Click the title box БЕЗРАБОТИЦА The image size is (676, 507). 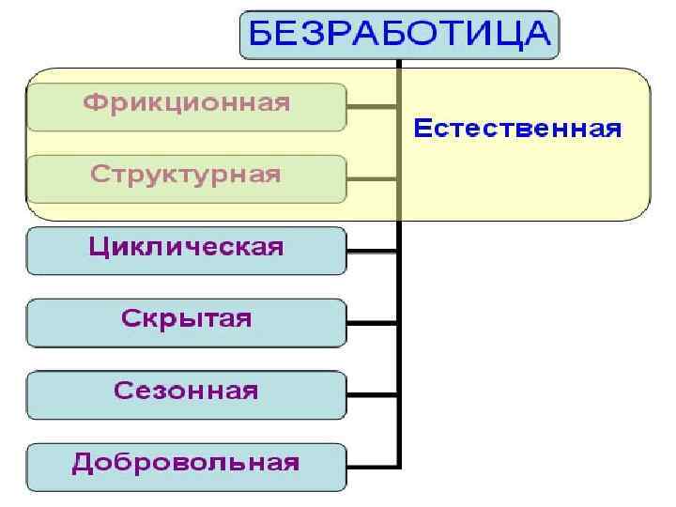[399, 35]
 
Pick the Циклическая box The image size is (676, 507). [187, 250]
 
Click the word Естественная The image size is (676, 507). [517, 129]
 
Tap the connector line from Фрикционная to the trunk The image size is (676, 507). [373, 106]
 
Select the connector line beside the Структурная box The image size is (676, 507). [373, 178]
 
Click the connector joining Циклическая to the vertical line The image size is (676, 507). [373, 251]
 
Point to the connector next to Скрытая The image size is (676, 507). [373, 323]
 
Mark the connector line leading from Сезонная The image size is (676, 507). [373, 394]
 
